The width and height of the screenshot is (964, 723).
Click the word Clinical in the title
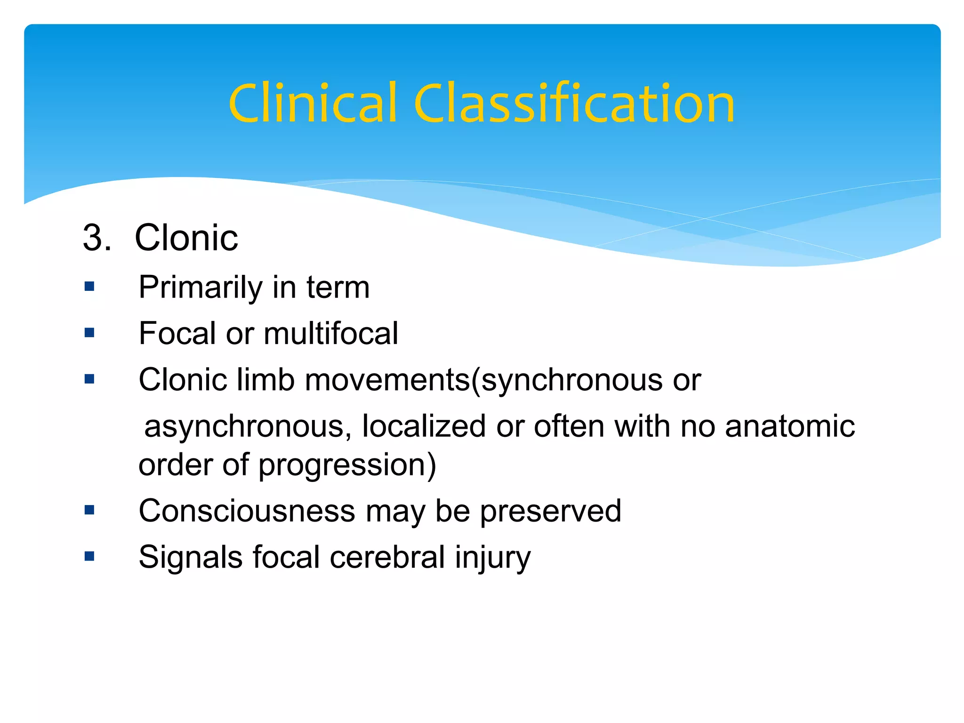point(313,104)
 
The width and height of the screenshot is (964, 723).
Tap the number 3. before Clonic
point(96,238)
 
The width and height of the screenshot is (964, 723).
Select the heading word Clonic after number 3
point(186,238)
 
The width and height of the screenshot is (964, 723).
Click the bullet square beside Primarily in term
point(89,286)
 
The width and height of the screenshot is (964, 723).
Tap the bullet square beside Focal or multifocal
point(89,333)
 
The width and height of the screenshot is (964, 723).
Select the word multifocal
point(331,333)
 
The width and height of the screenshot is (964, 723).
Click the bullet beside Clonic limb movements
point(89,379)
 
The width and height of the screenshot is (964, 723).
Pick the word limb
point(265,379)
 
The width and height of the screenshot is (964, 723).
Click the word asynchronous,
point(248,426)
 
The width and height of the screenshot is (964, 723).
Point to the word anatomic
point(790,426)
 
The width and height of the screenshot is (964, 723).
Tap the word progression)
point(347,465)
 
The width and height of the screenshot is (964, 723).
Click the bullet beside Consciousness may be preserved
point(89,510)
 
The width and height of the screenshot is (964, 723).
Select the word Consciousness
point(247,511)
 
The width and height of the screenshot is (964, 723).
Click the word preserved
point(550,511)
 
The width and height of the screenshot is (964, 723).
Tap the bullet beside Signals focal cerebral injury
point(89,556)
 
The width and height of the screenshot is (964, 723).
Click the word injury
point(492,558)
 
